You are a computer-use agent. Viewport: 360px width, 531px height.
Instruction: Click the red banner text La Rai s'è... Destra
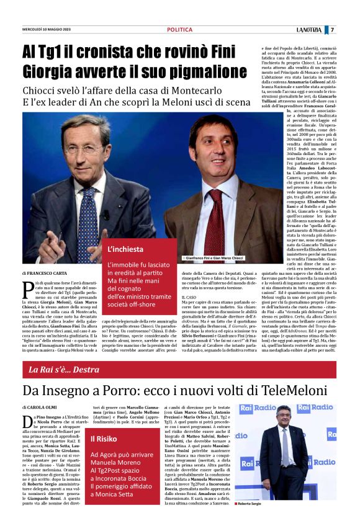[x=65, y=370]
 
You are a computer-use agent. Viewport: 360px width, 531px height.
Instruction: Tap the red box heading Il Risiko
[x=103, y=439]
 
